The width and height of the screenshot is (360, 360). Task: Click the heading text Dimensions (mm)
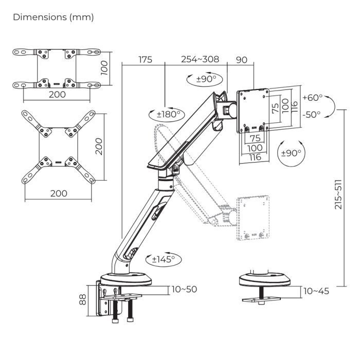tap(53, 17)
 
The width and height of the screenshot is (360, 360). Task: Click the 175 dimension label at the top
tap(145, 60)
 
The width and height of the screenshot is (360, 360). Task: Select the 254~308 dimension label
tap(200, 60)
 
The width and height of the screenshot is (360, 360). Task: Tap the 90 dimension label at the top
tap(241, 60)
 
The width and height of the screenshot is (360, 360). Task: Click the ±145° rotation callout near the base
tap(163, 259)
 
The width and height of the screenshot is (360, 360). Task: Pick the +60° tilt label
tap(313, 98)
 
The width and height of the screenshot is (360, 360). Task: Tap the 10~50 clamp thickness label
tap(184, 290)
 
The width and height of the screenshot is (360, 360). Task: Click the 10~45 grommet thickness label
tap(316, 292)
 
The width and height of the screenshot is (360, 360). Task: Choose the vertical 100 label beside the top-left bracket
tap(104, 67)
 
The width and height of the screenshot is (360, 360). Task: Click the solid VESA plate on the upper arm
tap(253, 112)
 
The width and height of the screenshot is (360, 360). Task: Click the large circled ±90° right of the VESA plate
tap(291, 153)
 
